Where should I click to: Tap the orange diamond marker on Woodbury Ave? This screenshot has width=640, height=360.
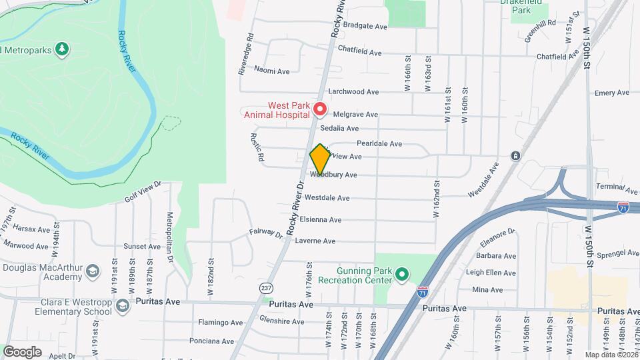[x=320, y=160]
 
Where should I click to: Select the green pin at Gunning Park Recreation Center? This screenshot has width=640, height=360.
[x=402, y=274]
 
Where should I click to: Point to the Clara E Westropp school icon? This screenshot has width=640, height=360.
[x=122, y=305]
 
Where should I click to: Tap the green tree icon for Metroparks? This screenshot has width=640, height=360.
[x=62, y=49]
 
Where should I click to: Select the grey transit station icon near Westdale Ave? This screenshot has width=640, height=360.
[x=515, y=156]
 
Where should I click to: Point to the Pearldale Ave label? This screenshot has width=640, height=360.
[x=379, y=143]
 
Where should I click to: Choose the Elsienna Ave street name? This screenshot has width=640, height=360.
[x=321, y=219]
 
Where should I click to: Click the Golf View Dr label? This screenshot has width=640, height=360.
[x=143, y=191]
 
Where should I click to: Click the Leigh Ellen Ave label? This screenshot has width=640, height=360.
[x=492, y=273]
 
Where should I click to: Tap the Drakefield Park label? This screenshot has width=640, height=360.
[x=525, y=11]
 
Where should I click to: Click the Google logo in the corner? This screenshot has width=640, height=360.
[x=22, y=351]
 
